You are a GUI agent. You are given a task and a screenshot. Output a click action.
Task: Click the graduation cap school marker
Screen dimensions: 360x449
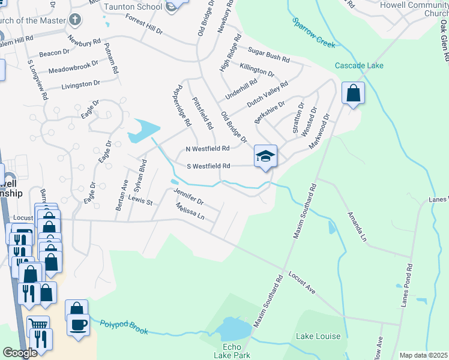pyautogui.click(x=265, y=156)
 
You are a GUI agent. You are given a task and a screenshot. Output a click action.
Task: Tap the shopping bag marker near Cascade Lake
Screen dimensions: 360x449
pyautogui.click(x=353, y=93)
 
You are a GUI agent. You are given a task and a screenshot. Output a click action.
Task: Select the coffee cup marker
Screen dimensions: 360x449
pyautogui.click(x=78, y=325)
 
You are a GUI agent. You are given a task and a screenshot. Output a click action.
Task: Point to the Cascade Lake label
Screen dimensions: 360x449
pyautogui.click(x=359, y=65)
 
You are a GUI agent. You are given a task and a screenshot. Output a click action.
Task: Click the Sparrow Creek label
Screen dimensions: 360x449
pyautogui.click(x=313, y=32)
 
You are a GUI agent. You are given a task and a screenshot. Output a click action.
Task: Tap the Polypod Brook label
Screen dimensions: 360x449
pyautogui.click(x=124, y=326)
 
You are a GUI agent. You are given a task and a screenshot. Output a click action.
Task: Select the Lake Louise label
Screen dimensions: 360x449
pyautogui.click(x=318, y=337)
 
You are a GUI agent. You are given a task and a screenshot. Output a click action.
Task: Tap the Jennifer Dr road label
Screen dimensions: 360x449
pyautogui.click(x=188, y=196)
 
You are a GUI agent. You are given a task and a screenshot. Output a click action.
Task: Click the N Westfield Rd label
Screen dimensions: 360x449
pyautogui.click(x=208, y=149)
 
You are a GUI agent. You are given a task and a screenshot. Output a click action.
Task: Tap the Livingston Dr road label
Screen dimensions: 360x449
pyautogui.click(x=80, y=85)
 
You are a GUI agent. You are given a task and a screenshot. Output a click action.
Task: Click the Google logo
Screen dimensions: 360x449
pyautogui.click(x=20, y=353)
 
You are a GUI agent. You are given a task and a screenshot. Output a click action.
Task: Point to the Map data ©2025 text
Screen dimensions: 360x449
pyautogui.click(x=423, y=355)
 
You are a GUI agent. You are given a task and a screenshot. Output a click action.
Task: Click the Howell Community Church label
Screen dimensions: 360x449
pyautogui.click(x=414, y=9)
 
